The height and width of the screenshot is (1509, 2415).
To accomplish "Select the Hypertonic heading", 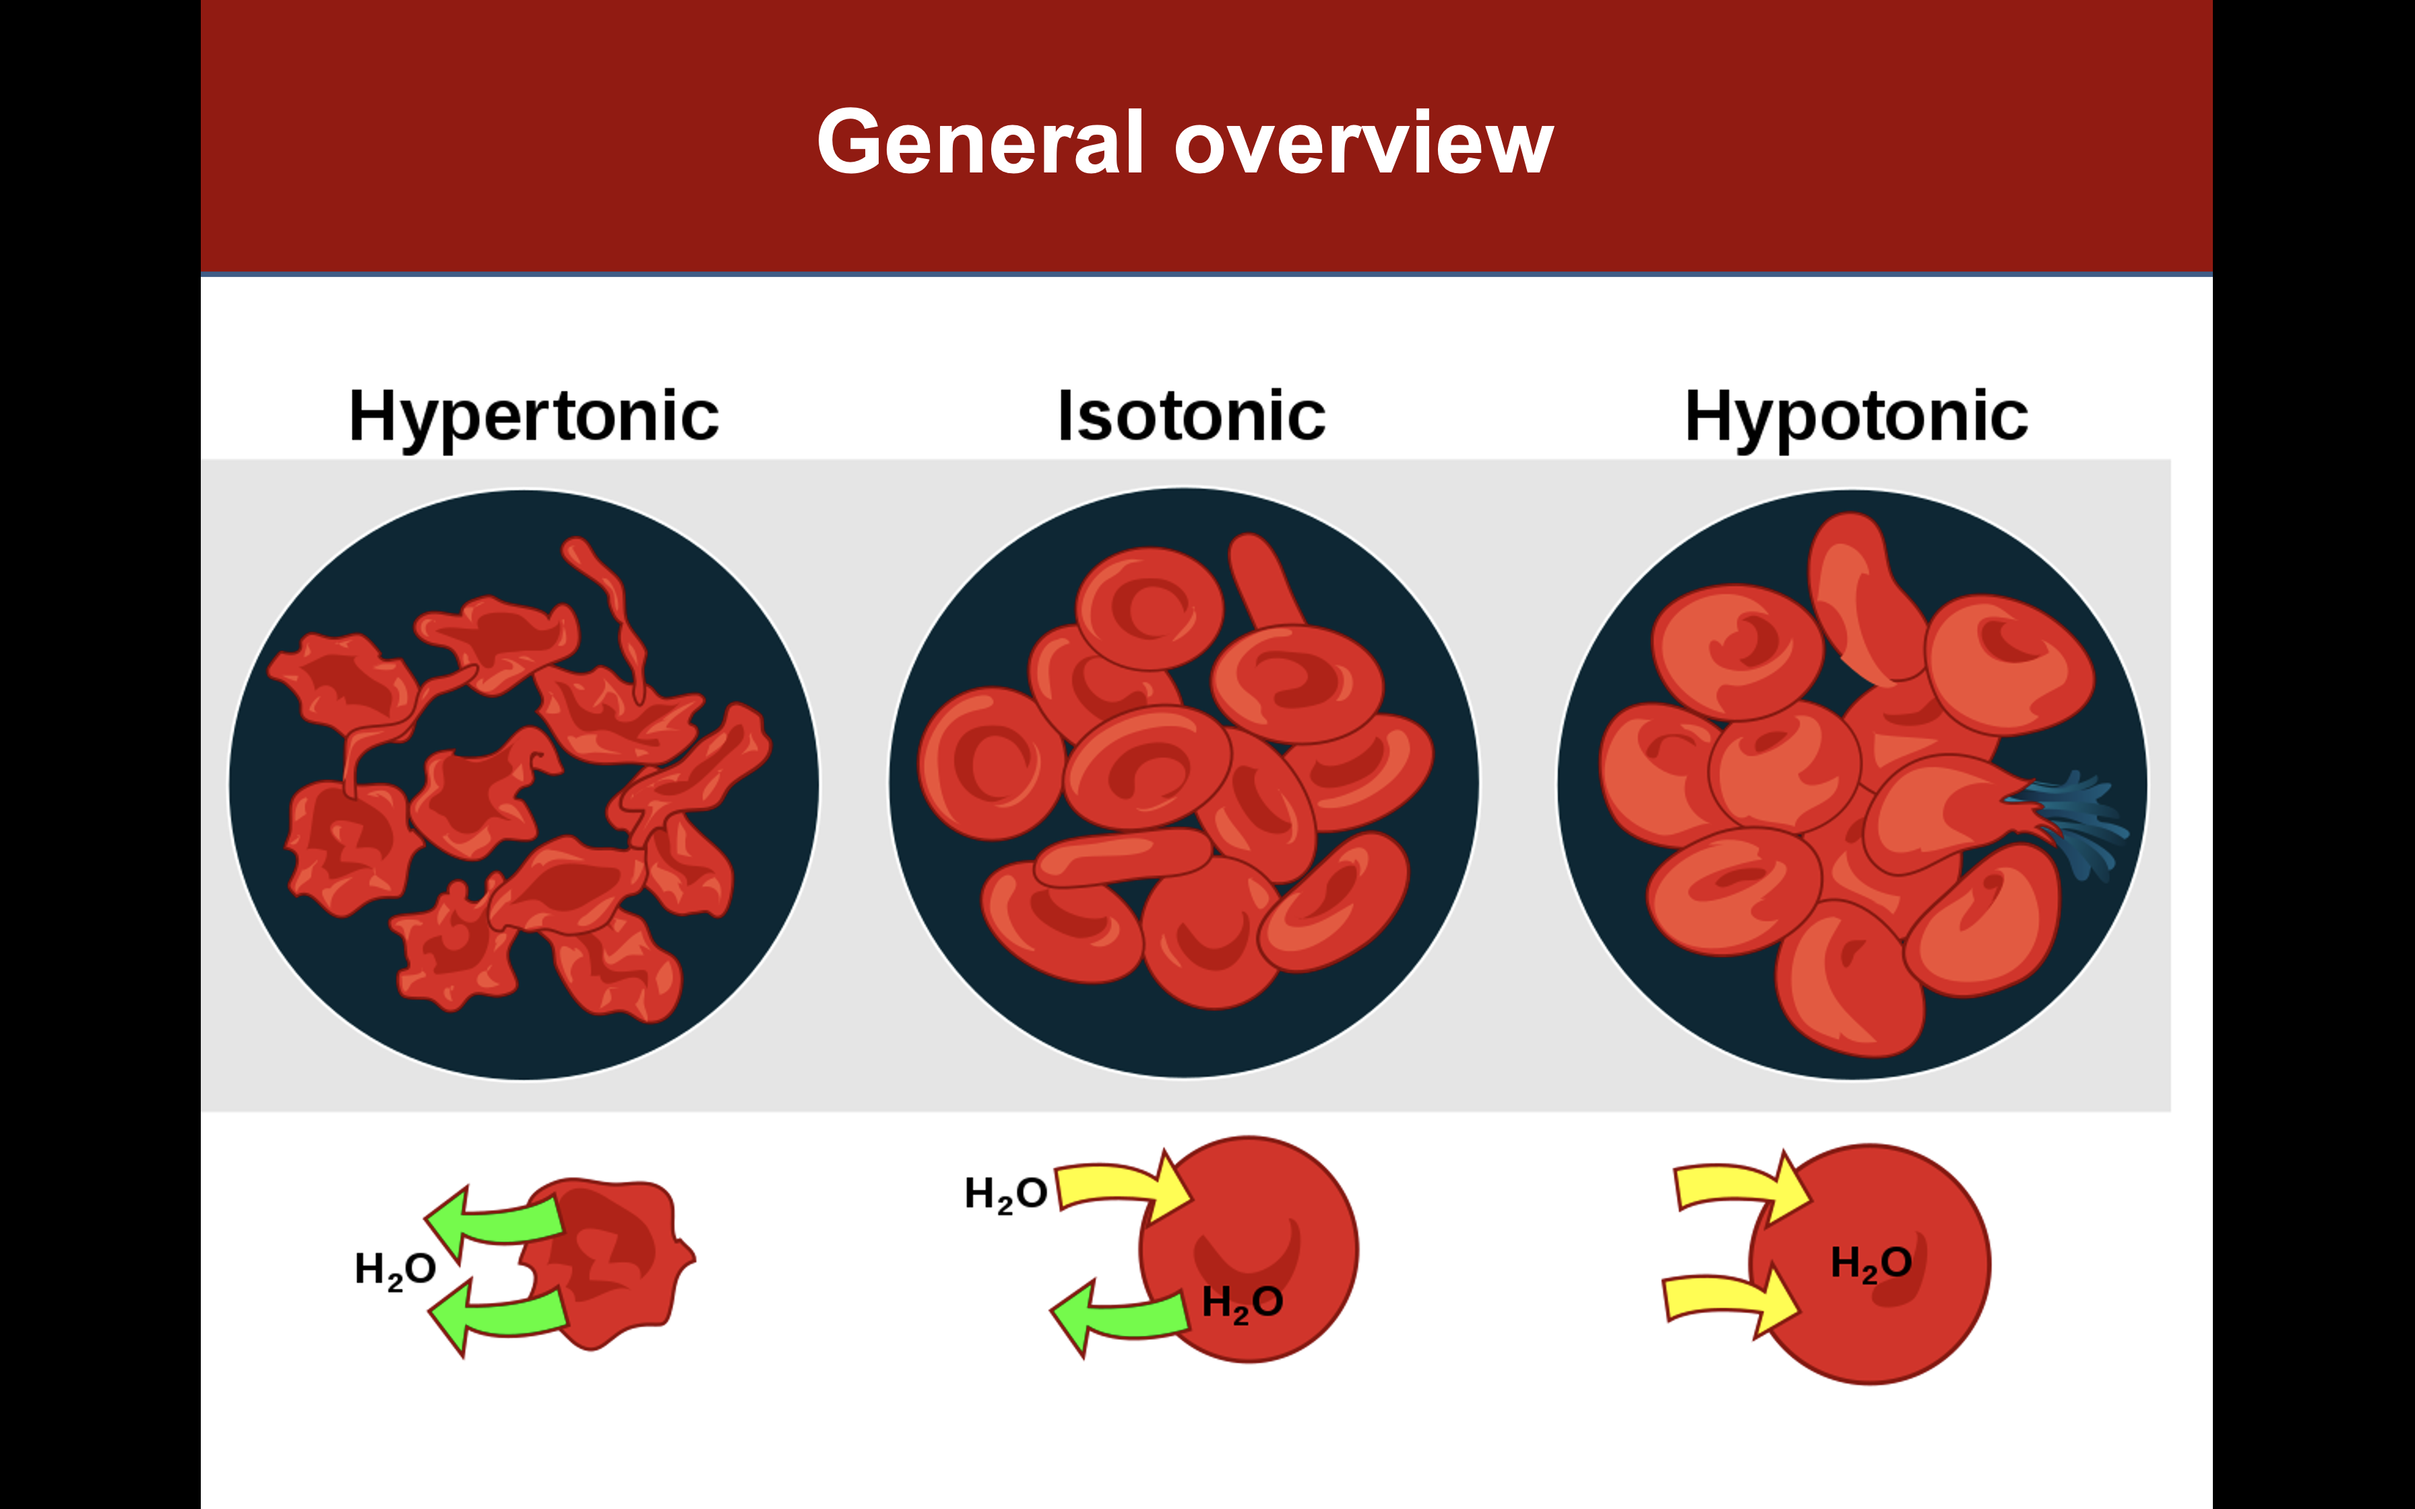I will pyautogui.click(x=533, y=416).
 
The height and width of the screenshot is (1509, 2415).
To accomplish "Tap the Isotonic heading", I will pyautogui.click(x=1191, y=416).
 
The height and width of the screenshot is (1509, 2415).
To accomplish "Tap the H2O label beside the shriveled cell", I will pyautogui.click(x=395, y=1269).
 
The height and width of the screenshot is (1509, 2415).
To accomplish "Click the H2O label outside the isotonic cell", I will pyautogui.click(x=1005, y=1194).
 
